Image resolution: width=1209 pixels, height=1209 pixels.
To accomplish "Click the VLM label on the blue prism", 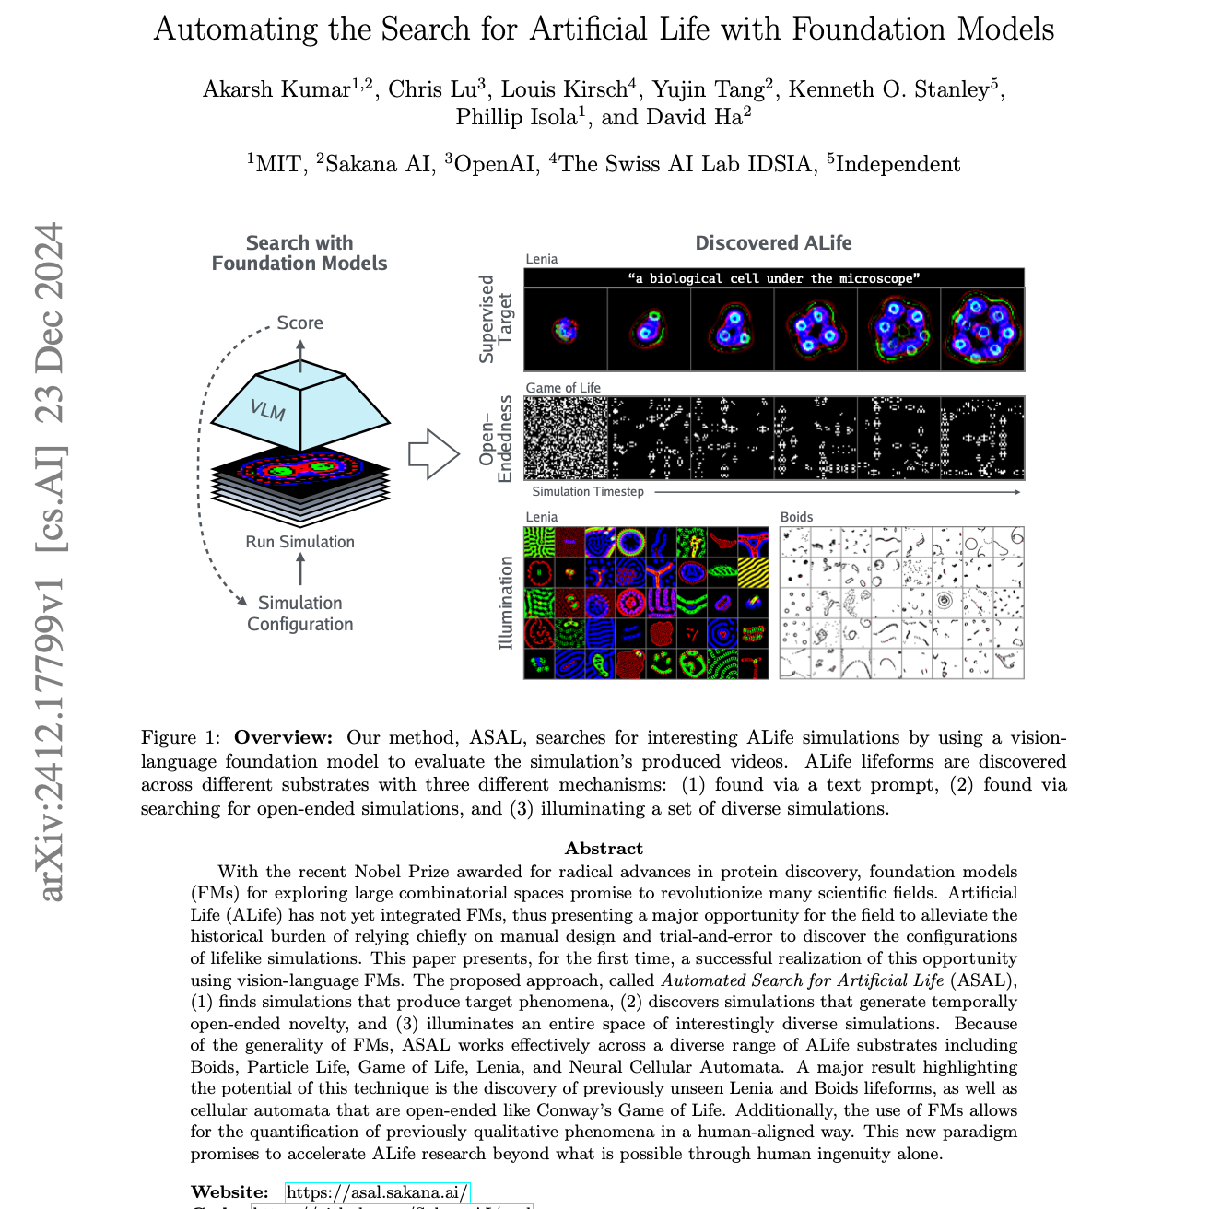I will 267,408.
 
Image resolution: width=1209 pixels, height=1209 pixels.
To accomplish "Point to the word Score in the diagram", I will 299,323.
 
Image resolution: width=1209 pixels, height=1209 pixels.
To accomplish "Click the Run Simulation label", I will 299,542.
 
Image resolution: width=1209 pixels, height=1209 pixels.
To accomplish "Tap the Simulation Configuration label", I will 299,614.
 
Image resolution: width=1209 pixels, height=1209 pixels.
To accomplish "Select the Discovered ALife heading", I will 773,243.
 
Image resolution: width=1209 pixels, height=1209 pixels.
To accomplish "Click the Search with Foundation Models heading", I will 299,253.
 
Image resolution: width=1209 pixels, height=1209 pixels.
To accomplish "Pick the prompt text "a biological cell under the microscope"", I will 773,278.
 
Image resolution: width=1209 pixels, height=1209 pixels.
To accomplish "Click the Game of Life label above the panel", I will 563,388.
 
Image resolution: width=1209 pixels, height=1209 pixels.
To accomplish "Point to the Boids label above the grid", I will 797,517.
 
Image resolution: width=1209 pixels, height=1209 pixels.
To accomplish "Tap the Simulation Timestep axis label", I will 588,492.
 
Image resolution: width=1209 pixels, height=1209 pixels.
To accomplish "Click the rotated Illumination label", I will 505,603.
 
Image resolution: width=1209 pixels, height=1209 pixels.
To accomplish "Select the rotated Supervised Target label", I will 496,319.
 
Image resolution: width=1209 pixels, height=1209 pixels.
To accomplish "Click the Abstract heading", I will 604,849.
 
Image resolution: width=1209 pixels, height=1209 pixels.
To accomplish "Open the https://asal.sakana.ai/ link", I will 378,1192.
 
